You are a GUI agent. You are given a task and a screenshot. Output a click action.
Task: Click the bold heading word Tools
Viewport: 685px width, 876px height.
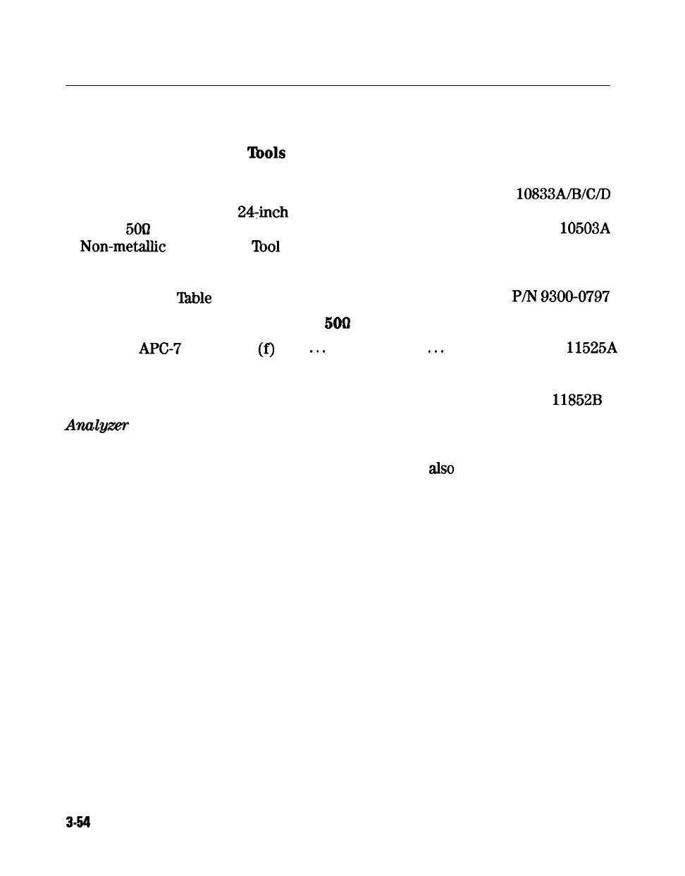(266, 153)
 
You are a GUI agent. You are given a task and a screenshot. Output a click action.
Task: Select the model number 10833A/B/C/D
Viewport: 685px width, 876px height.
(563, 194)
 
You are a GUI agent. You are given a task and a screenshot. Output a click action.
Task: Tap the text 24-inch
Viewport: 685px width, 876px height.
(262, 212)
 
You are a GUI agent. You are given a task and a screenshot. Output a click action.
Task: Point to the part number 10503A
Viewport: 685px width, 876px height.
(585, 228)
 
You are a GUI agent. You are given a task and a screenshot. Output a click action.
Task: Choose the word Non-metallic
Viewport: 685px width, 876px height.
(123, 246)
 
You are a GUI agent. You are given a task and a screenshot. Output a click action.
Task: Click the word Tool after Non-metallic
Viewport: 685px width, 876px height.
(266, 246)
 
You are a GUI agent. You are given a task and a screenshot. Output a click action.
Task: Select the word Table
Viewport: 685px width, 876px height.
(194, 298)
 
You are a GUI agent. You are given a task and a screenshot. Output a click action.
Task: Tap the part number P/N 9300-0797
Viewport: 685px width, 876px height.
(561, 296)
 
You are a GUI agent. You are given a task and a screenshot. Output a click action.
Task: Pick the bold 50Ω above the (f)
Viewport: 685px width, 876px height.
(337, 323)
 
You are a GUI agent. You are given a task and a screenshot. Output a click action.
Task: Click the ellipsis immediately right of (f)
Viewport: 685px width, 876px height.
(316, 350)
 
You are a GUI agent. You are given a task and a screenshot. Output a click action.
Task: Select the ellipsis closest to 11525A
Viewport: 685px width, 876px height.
(436, 350)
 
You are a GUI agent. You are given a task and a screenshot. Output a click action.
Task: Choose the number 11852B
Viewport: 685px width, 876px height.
(576, 400)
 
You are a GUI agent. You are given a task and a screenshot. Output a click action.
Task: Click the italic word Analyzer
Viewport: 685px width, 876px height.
(97, 425)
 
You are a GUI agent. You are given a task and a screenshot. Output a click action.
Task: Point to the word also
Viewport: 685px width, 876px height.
(441, 468)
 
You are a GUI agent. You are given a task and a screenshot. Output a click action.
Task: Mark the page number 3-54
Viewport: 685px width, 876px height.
(79, 822)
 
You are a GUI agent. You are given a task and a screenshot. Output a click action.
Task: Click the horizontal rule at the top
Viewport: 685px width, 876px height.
(338, 86)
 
